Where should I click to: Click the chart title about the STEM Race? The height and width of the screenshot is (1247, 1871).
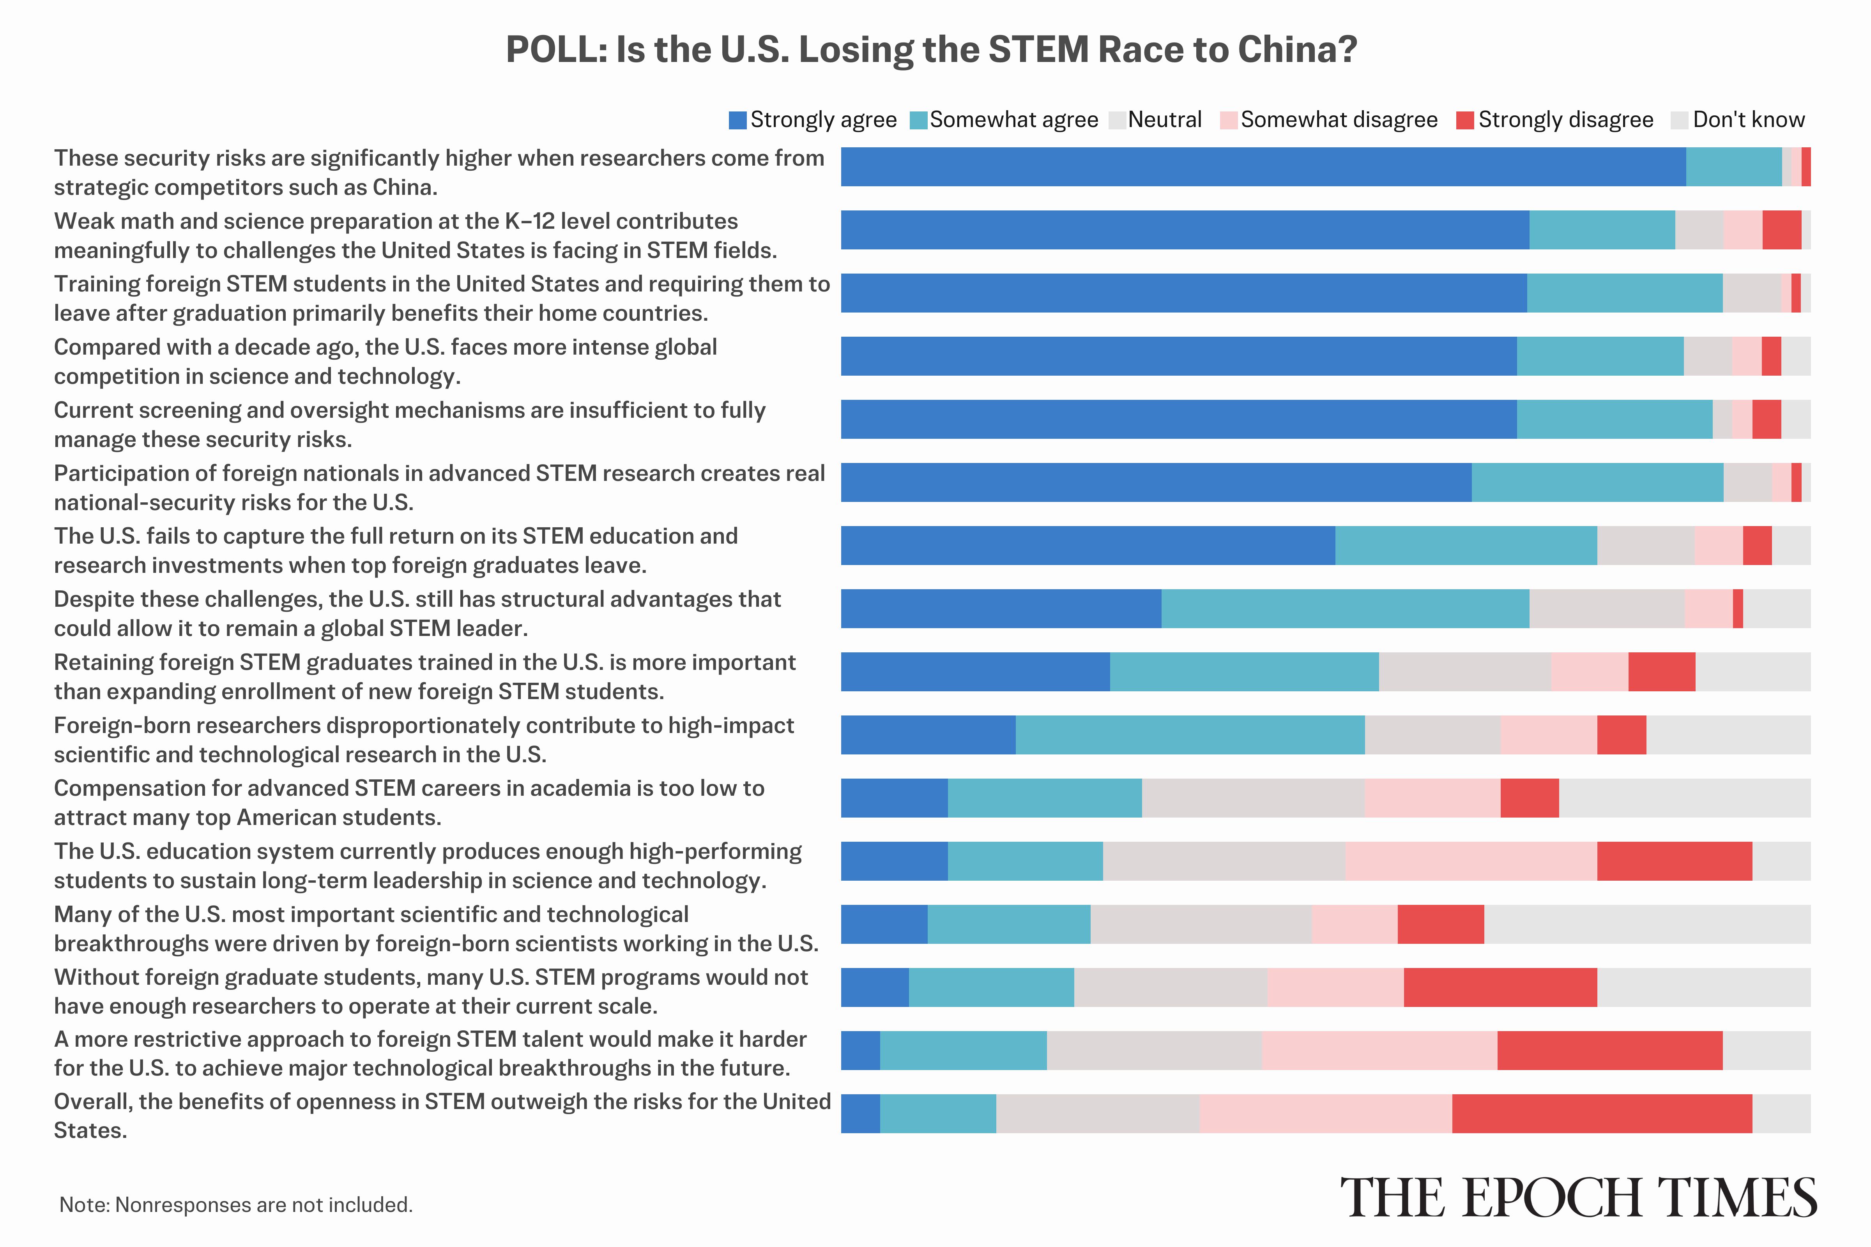coord(931,49)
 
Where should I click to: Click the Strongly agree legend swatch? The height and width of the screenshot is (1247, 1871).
coord(737,120)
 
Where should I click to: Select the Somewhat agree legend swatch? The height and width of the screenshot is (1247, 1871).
coord(918,120)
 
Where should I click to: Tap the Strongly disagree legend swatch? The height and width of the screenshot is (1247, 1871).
coord(1464,120)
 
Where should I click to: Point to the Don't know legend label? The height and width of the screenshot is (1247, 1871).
coord(1749,120)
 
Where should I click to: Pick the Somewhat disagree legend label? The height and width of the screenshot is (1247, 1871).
coord(1339,120)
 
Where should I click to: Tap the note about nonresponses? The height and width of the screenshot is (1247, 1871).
coord(235,1205)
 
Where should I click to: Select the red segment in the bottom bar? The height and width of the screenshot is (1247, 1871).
coord(1601,1113)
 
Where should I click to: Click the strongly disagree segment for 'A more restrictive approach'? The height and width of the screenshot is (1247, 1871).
coord(1609,1051)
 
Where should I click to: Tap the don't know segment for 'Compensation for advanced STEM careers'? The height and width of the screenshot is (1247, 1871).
coord(1684,798)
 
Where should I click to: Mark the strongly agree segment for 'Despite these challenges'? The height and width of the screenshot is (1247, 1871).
coord(1001,608)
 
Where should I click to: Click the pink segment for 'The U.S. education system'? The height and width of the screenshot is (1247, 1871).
coord(1470,861)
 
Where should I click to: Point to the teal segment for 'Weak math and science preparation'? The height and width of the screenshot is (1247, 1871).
coord(1601,230)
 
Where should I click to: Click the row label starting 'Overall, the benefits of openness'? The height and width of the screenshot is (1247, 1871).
coord(442,1115)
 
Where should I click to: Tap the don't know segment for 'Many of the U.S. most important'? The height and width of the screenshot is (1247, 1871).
coord(1646,924)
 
